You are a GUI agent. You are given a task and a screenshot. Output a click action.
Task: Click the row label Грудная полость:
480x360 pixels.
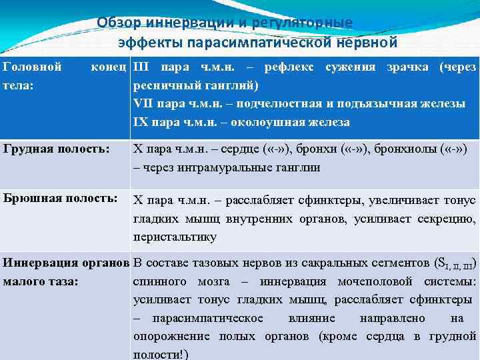[56, 149]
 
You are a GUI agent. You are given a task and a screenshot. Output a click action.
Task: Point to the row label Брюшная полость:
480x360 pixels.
[60, 198]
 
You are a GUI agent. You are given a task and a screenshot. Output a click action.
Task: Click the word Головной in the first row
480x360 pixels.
[33, 67]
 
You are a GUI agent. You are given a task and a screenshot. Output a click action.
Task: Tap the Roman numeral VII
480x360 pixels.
[144, 104]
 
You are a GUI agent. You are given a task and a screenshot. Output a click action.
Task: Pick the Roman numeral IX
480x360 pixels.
[141, 123]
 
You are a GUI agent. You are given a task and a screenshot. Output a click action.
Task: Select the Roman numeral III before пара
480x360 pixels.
[142, 67]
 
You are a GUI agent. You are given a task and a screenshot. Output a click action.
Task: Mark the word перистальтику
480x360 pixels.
[175, 237]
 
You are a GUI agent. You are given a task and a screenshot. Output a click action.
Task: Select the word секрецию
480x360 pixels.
[449, 218]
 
